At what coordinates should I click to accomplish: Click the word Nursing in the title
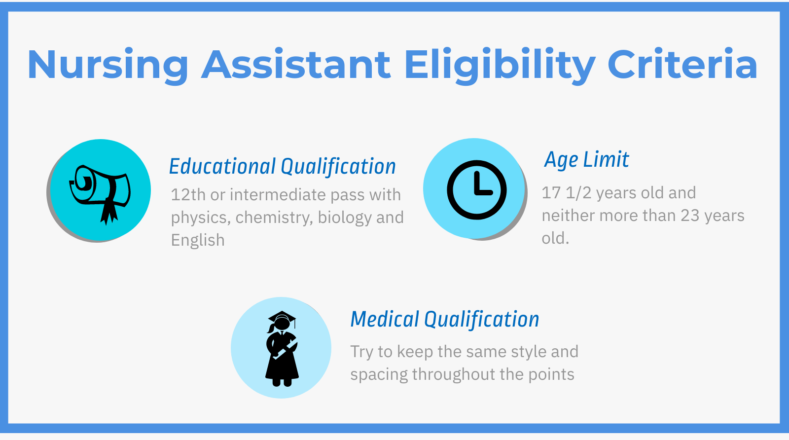[108, 65]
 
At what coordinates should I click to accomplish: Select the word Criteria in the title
[682, 65]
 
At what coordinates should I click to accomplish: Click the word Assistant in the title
[296, 65]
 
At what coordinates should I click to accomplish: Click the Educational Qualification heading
[282, 167]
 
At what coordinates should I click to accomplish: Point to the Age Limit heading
[586, 160]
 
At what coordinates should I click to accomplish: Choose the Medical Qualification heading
[444, 320]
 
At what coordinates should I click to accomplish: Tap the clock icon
[476, 190]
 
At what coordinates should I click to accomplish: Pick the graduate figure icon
[282, 348]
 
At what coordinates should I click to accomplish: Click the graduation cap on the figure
[282, 317]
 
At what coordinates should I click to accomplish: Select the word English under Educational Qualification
[198, 240]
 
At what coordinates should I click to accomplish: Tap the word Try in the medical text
[361, 352]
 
